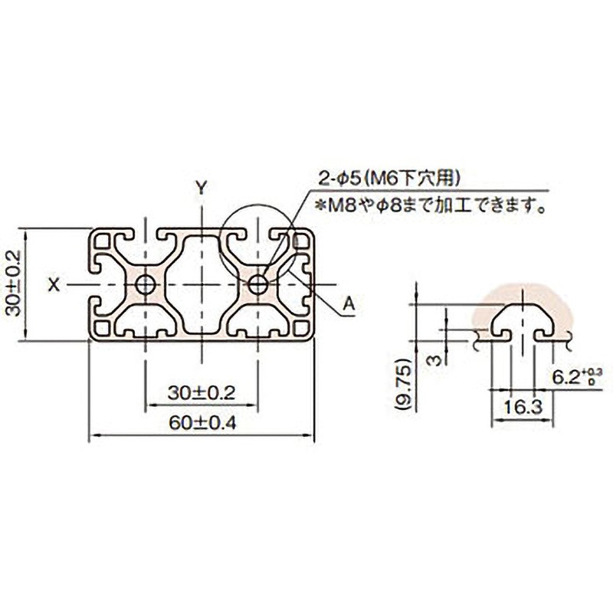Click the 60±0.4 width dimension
point(202,423)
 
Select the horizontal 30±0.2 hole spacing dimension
point(202,393)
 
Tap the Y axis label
point(201,188)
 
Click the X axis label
point(54,284)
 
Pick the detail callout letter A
point(349,303)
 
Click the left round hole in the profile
point(146,284)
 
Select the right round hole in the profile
point(258,284)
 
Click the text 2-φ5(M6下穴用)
point(389,179)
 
